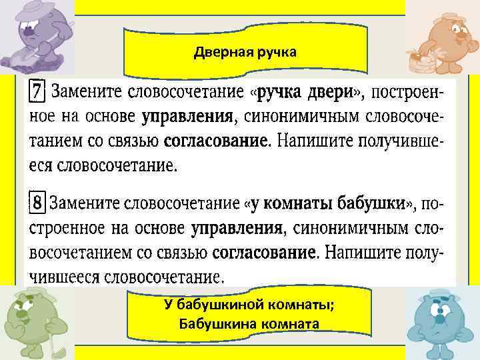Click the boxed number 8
38,202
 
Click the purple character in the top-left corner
33,35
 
